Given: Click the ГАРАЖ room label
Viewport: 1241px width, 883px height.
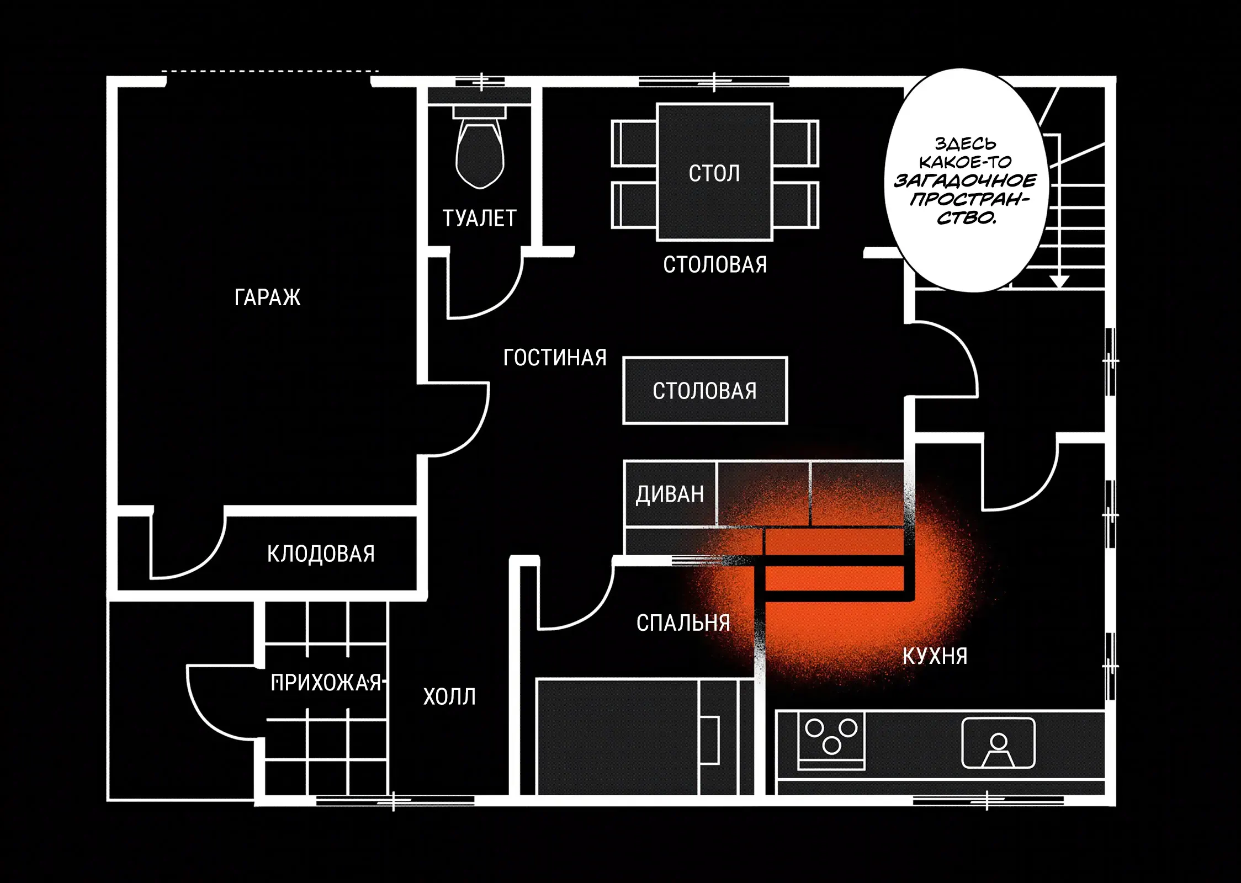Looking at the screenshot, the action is pos(267,298).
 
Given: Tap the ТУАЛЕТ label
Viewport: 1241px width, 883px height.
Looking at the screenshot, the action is pos(479,219).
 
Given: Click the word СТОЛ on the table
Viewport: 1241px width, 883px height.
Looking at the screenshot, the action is pos(714,174).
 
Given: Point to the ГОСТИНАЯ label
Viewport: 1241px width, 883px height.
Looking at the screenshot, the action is pos(555,358).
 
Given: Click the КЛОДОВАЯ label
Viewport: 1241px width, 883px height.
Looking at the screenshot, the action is pos(321,554).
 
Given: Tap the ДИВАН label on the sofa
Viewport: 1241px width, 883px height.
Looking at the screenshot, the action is pos(670,494).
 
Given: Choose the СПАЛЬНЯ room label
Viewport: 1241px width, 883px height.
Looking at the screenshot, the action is pos(683,623).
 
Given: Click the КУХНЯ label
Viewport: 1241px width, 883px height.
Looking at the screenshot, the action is pos(935,656).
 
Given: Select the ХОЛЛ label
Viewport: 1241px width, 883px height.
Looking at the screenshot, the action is pos(449,697).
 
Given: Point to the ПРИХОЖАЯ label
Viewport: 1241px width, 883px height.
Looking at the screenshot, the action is pos(326,683).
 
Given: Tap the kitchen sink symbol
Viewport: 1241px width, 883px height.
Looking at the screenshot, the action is pos(998,743).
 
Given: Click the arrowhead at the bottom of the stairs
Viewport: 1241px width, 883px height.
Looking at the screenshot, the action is pos(1059,282).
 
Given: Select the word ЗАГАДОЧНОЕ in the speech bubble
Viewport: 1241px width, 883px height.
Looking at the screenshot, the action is pos(965,181).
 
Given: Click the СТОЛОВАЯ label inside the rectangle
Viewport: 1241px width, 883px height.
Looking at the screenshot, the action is pos(704,391).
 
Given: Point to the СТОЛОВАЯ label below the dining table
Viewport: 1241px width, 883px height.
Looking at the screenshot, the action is pos(715,265).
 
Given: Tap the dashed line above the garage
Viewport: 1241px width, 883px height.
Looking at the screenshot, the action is pos(271,71).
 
